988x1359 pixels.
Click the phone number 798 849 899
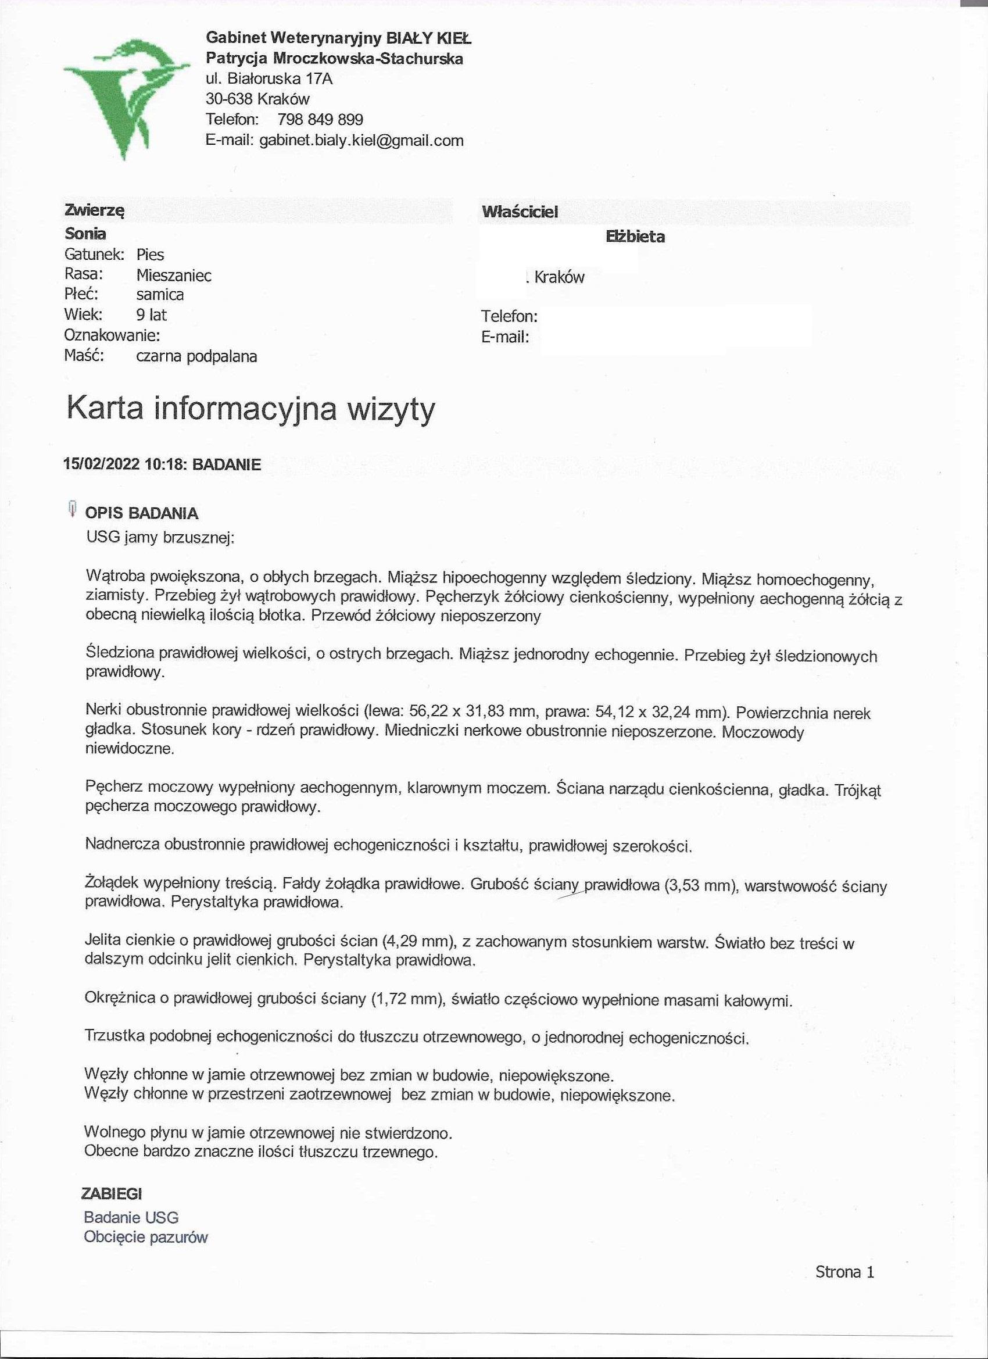tap(320, 119)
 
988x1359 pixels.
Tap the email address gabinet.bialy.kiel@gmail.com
tap(361, 140)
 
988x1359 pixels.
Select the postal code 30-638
tap(229, 99)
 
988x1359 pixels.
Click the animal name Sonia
tap(85, 234)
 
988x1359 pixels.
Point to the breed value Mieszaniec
tap(174, 275)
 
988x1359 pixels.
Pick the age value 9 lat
tap(151, 314)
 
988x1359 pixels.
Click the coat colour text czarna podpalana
tap(196, 356)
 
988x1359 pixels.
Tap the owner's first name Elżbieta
tap(635, 237)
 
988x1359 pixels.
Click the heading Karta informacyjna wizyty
tap(250, 409)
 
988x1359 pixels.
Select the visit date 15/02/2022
tap(101, 464)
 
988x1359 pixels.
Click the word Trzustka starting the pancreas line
tap(114, 1036)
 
